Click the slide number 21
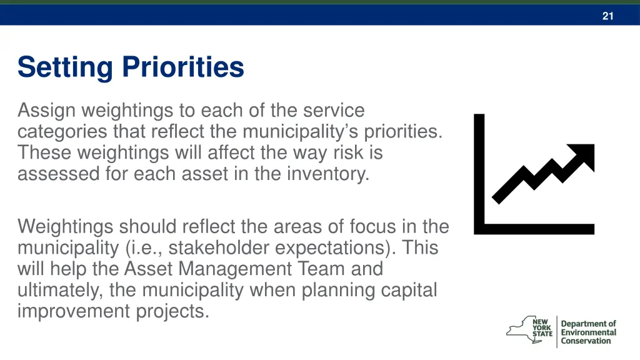click(607, 16)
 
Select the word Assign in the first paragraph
click(46, 111)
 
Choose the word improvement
click(74, 311)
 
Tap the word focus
click(374, 226)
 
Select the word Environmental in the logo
click(588, 332)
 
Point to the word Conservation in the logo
click(586, 341)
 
